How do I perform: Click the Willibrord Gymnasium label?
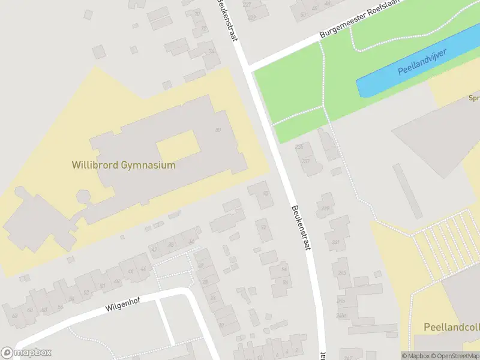(124, 165)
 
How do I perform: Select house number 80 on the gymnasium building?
(218, 130)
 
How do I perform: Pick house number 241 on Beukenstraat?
(335, 242)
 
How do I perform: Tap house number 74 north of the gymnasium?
(211, 51)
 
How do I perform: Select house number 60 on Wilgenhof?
(30, 310)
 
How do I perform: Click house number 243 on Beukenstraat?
(342, 273)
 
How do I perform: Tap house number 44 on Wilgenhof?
(143, 268)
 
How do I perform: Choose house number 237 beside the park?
(307, 161)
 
